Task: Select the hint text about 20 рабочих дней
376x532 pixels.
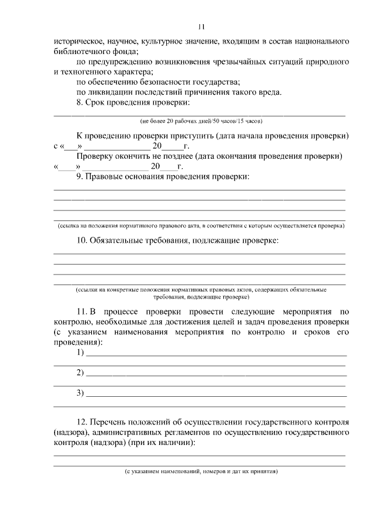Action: (200, 121)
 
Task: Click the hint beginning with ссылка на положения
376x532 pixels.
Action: (200, 226)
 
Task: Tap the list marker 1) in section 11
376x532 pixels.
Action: (80, 353)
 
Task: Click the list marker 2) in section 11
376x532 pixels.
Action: (80, 373)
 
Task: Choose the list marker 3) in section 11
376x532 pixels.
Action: (80, 393)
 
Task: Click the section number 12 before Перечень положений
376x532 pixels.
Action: (82, 423)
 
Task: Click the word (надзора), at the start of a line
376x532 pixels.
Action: (70, 433)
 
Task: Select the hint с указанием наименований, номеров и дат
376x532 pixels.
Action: (200, 471)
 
